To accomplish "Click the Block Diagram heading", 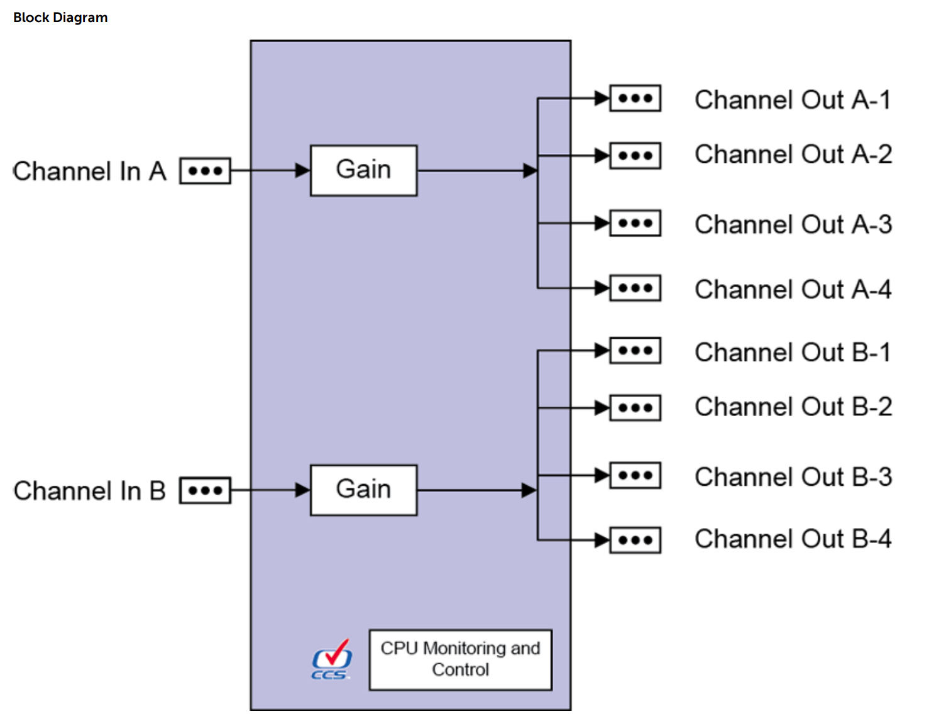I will click(x=60, y=18).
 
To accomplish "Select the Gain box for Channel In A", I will click(x=363, y=170).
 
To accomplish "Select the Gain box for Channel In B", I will click(x=363, y=490).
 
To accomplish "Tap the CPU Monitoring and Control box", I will click(x=460, y=659).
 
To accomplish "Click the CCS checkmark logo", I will click(x=332, y=660).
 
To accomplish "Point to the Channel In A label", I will click(x=89, y=171).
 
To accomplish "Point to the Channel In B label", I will click(x=89, y=491).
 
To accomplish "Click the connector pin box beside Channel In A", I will click(x=206, y=171).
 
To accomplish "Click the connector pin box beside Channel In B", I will click(x=206, y=490).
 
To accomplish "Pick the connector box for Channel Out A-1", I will click(x=635, y=99).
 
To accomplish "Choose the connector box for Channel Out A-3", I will click(x=635, y=223).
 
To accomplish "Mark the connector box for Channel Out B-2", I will click(x=635, y=408).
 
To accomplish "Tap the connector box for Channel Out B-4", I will click(x=635, y=540).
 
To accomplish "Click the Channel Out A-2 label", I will click(x=793, y=155).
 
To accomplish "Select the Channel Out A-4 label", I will click(x=793, y=290).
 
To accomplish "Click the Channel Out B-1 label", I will click(x=793, y=353).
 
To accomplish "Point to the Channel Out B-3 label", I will click(x=793, y=477).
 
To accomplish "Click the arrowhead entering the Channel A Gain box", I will click(x=302, y=170).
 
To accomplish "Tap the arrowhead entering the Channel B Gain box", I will click(x=302, y=490).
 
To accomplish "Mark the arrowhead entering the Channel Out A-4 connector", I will click(x=602, y=288).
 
